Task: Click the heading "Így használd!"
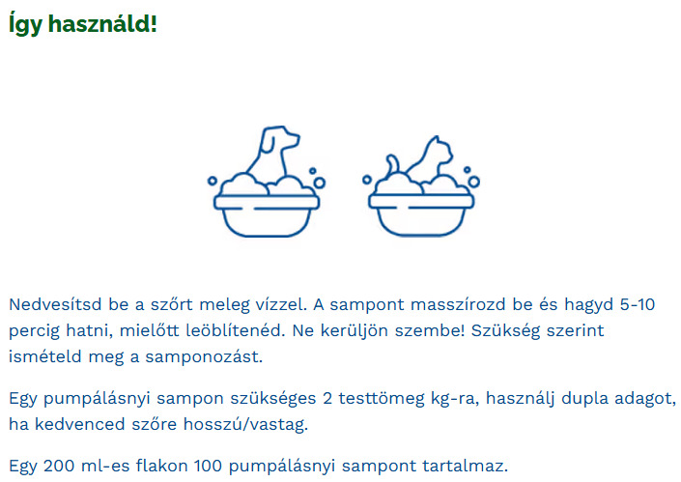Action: tap(82, 24)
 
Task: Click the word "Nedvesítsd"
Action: tap(56, 304)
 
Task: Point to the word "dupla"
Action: tap(571, 399)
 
